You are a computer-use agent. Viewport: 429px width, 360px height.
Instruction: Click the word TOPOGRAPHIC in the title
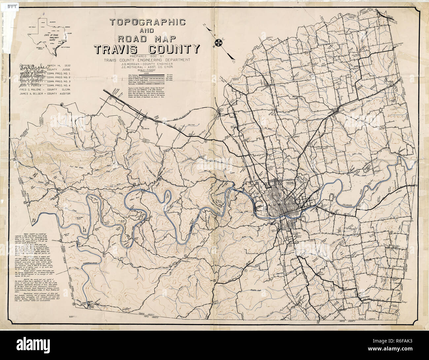point(148,22)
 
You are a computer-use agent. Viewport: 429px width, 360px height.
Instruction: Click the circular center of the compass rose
point(218,42)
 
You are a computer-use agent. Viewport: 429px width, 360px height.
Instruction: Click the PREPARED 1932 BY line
point(146,56)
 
